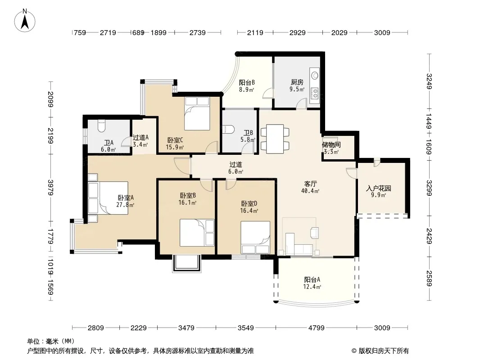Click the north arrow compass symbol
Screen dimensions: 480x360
point(25,21)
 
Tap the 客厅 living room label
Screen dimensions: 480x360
point(310,184)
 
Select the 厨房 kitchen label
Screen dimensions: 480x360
point(297,82)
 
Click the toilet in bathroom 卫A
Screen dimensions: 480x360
point(101,126)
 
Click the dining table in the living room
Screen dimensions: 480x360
point(275,139)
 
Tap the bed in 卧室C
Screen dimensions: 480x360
point(197,113)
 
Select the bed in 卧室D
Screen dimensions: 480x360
point(255,237)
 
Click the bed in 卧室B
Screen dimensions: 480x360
point(197,233)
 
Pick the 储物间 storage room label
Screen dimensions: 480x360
point(331,144)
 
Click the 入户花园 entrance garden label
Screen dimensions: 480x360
point(378,188)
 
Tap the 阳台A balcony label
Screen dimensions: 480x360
point(312,279)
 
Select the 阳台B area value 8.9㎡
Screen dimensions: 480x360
point(246,90)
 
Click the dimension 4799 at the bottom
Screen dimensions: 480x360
point(316,328)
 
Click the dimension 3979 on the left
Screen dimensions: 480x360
point(51,187)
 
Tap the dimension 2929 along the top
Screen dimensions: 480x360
point(298,32)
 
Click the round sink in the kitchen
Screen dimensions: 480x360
point(314,75)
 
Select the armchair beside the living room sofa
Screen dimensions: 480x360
point(314,233)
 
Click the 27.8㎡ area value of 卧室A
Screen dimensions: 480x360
point(125,205)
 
